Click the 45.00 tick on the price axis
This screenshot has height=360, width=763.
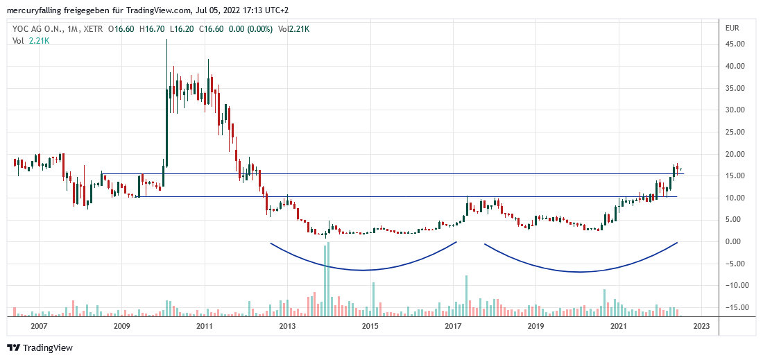coord(735,44)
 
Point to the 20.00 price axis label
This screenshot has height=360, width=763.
coord(735,154)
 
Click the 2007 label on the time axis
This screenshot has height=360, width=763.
coord(39,326)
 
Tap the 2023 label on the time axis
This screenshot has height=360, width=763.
coord(701,326)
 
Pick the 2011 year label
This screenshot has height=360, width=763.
coord(204,326)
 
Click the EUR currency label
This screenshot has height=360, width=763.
coord(733,28)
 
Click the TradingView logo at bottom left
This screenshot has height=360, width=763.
coord(40,348)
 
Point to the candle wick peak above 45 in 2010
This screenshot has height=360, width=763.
coord(166,41)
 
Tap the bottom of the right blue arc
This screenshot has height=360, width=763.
coord(579,272)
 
